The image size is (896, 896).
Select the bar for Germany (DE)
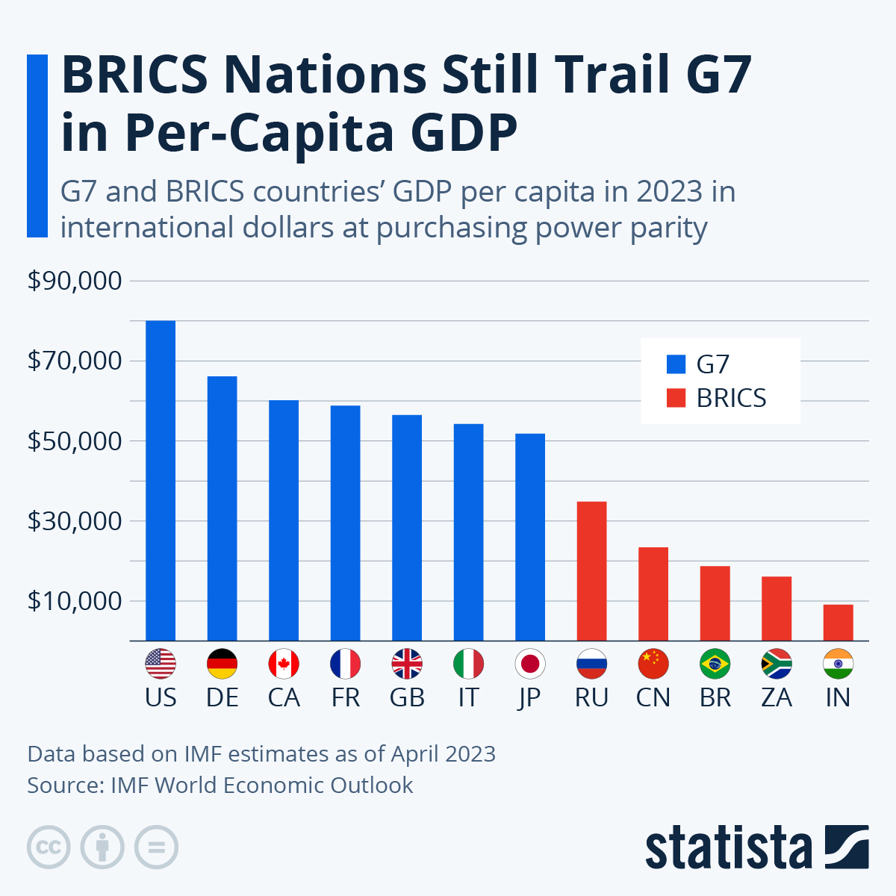(222, 508)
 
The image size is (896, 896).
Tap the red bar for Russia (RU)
(591, 571)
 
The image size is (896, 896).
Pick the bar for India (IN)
(838, 622)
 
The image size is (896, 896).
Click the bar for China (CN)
(653, 594)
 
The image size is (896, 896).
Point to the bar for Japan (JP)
(530, 537)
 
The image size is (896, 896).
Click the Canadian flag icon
(284, 663)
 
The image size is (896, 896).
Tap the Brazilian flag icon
(715, 663)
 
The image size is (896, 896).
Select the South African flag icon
(777, 663)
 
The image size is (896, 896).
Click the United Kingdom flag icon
(407, 663)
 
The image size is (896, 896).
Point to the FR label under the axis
(345, 697)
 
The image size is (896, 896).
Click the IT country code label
(468, 697)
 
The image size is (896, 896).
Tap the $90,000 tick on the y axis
(74, 281)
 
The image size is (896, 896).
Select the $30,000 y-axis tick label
(74, 520)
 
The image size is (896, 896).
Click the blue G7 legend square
(676, 364)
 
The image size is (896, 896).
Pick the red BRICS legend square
(676, 399)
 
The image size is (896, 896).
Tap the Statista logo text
(728, 848)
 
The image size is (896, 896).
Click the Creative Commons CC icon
(49, 847)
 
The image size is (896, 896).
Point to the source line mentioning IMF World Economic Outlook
(220, 785)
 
